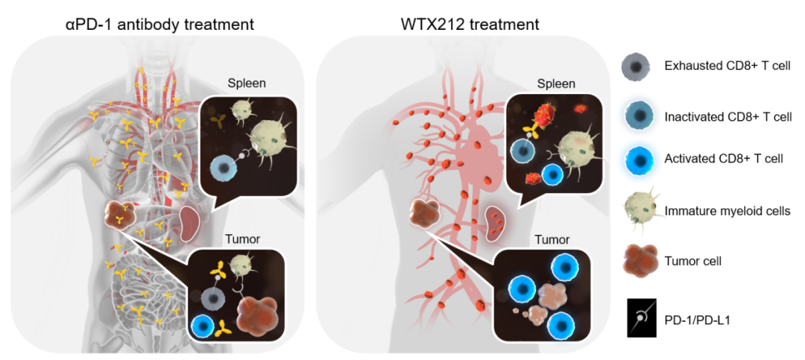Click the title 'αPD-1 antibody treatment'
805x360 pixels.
(x=159, y=24)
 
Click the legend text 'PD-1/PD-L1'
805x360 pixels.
(x=696, y=320)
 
